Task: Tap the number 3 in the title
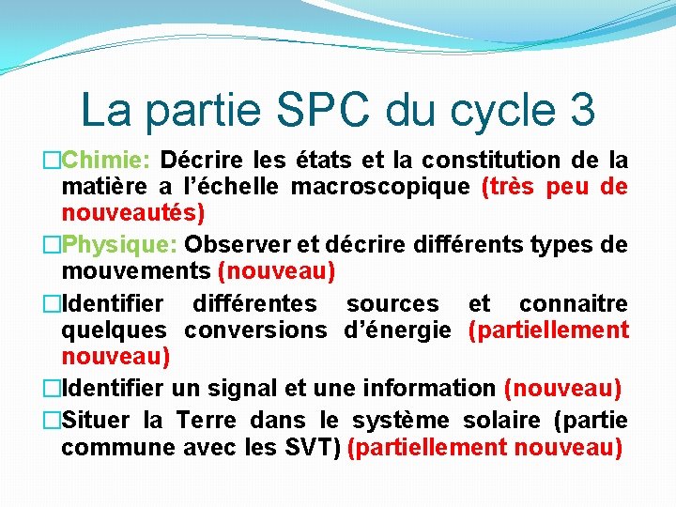click(x=579, y=109)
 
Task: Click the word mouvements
click(x=136, y=273)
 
